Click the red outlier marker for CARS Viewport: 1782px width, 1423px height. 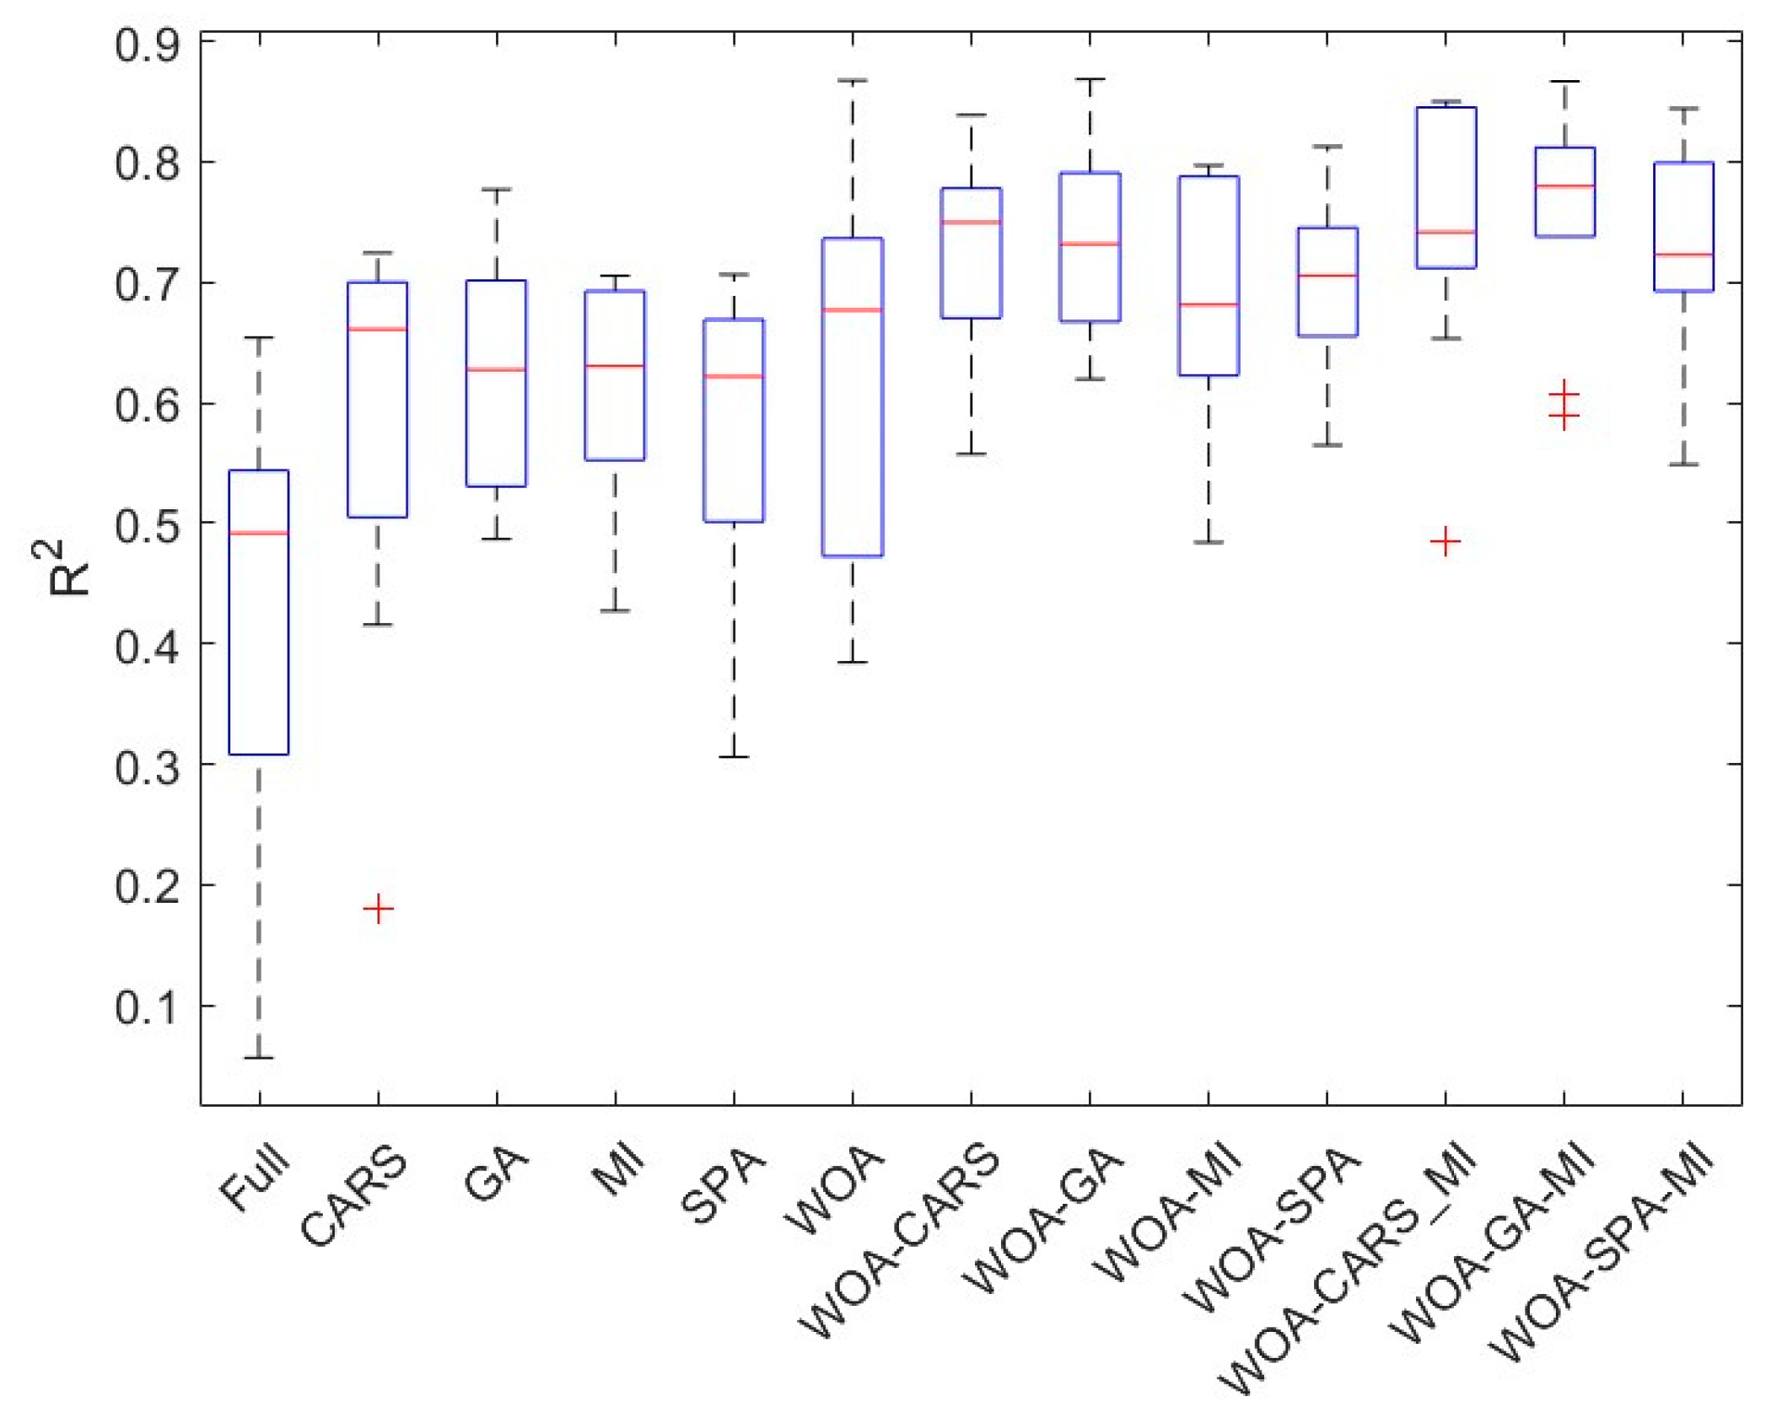coord(378,908)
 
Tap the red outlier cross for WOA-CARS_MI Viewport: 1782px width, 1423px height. coord(1445,540)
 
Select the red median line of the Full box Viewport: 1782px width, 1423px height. coord(259,533)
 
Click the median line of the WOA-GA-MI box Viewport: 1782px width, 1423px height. coord(1564,185)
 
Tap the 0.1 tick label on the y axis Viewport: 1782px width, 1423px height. coord(147,1007)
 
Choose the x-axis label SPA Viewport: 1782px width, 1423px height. coord(724,1184)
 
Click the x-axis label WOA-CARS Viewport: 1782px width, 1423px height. coord(898,1239)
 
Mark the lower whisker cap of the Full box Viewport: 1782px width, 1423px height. coord(259,1057)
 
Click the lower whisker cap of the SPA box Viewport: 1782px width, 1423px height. coord(733,756)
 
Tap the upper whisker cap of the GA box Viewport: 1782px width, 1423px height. coord(496,189)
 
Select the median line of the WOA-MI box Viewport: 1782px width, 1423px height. coord(1208,304)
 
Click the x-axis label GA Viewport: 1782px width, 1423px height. coord(496,1173)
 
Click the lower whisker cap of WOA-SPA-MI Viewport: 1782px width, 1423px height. coord(1682,464)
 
